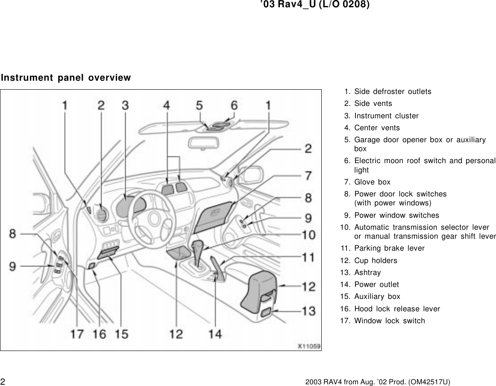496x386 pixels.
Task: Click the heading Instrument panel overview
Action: pos(66,78)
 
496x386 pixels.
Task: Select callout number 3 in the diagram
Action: pos(125,105)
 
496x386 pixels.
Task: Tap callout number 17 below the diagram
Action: pos(77,333)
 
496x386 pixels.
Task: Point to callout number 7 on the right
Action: pos(308,175)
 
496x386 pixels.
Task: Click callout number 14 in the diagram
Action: pos(215,333)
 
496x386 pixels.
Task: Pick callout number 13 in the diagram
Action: pos(308,311)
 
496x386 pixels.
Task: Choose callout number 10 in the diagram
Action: pos(308,234)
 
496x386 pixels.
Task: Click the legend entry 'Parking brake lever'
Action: pos(389,248)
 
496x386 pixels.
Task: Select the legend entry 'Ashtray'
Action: pos(367,272)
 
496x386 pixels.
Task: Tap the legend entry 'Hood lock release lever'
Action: pos(397,308)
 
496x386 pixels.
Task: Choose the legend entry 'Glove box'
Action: pos(372,182)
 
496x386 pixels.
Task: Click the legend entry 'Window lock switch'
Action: pos(389,321)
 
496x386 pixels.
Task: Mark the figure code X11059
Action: pos(309,346)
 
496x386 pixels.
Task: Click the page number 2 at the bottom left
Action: pos(3,381)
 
